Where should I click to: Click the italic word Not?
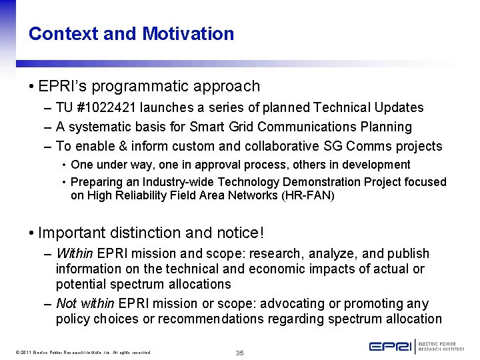click(66, 303)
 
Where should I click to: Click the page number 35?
click(240, 352)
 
